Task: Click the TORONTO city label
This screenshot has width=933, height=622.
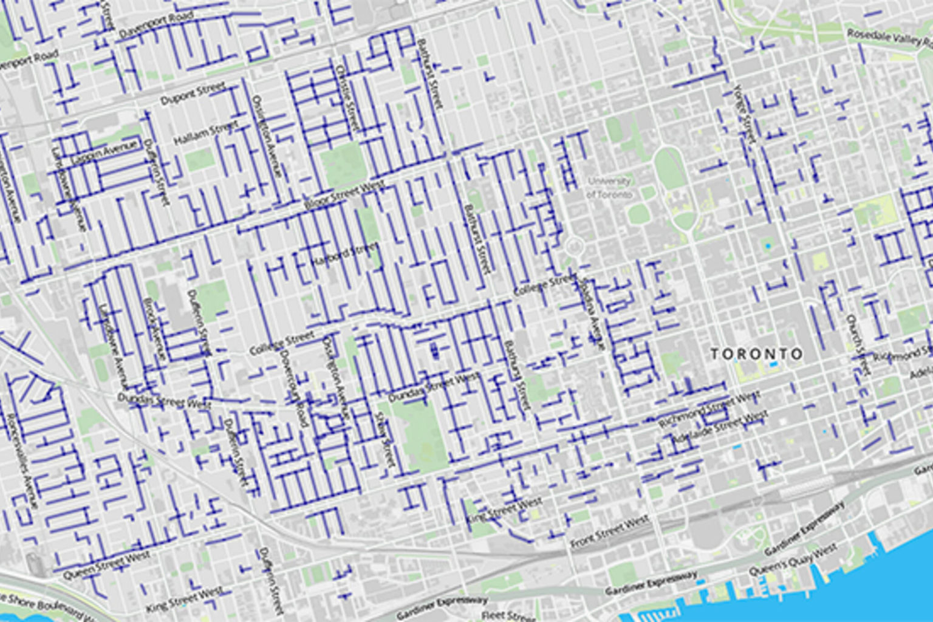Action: coord(756,354)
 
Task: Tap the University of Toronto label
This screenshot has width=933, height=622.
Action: coord(609,188)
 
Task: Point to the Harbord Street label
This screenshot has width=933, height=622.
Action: coord(344,254)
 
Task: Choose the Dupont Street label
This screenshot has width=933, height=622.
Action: coord(193,94)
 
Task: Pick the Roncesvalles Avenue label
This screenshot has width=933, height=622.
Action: coord(23,462)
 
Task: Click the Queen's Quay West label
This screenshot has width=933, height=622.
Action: coord(793,560)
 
